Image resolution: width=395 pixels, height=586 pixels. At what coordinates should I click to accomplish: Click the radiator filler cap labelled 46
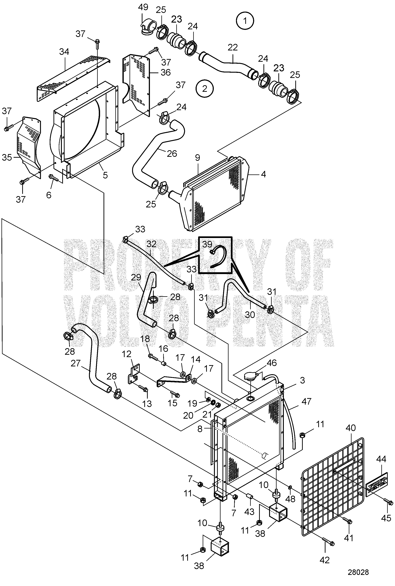pyautogui.click(x=251, y=377)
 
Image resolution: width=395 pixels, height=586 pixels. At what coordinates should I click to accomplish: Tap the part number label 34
pyautogui.click(x=64, y=52)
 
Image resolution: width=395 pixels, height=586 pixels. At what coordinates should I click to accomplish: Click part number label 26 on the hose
pyautogui.click(x=172, y=154)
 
